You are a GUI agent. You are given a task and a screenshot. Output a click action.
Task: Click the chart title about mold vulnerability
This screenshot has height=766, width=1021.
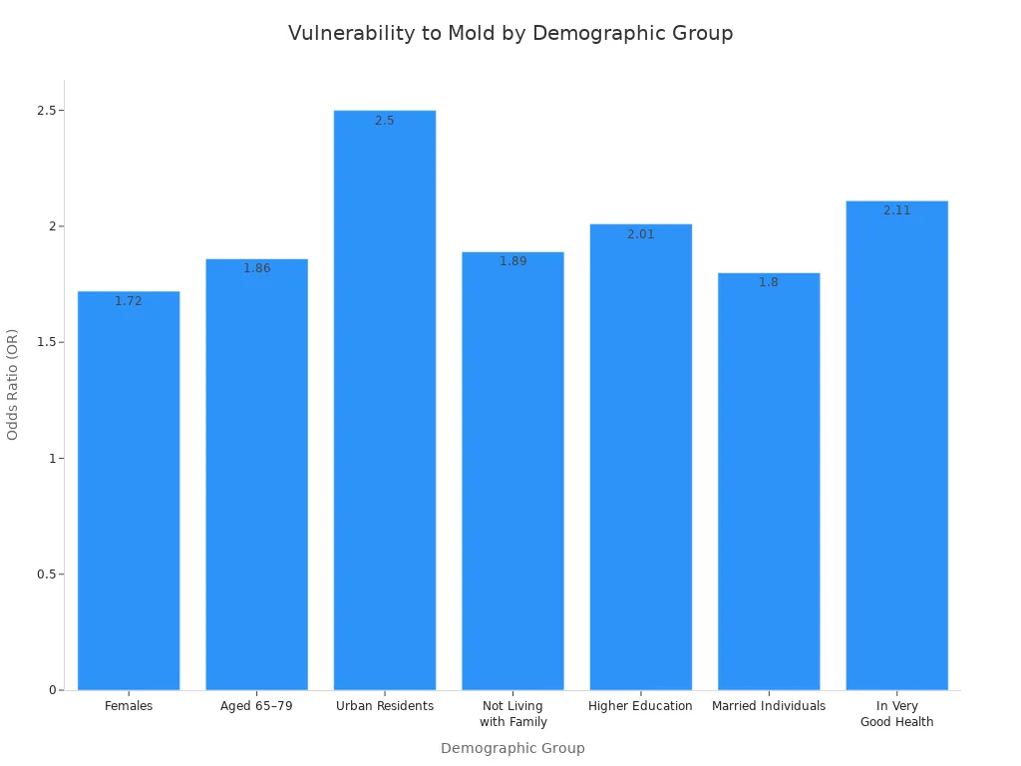coord(510,33)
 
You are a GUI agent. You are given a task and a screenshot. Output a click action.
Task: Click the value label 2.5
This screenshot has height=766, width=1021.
coord(385,121)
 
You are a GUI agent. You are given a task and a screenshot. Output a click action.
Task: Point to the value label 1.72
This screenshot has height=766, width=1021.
coord(129,301)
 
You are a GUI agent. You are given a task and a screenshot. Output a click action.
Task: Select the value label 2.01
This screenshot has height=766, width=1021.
coord(641,234)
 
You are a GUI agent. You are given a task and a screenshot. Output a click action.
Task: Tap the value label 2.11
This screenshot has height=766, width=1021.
coord(897,210)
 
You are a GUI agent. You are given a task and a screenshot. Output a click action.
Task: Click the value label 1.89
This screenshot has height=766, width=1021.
coord(512,261)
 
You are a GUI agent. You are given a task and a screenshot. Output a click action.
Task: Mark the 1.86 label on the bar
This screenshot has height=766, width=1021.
coord(257,268)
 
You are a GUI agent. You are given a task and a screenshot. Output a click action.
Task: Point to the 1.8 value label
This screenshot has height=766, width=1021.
coord(769,282)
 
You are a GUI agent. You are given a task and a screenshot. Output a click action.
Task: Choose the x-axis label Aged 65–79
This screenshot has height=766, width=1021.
coord(257,706)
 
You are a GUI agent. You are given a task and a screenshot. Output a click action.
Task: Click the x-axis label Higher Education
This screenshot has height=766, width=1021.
coord(641,706)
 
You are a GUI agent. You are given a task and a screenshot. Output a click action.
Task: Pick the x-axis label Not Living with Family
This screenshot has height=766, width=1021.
coord(512,714)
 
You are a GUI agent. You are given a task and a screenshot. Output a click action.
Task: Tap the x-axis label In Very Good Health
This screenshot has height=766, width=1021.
coord(897,714)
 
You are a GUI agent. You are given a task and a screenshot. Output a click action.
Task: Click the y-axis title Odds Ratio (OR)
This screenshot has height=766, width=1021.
coord(13,384)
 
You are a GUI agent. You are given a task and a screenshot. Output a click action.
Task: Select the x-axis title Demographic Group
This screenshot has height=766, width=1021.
coord(512,748)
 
